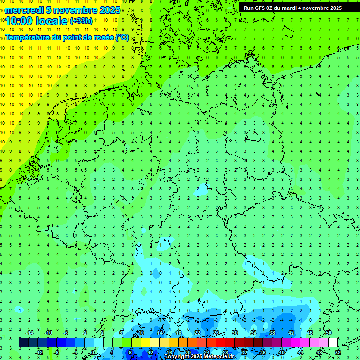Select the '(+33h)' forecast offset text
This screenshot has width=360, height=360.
pyautogui.click(x=81, y=21)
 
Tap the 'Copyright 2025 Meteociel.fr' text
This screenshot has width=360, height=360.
pyautogui.click(x=199, y=357)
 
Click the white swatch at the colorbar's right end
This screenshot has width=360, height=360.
pyautogui.click(x=333, y=343)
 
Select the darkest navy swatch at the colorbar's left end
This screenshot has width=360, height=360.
pyautogui.click(x=23, y=343)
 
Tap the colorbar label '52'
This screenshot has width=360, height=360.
pyautogui.click(x=338, y=352)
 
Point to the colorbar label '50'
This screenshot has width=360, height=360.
pyautogui.click(x=328, y=333)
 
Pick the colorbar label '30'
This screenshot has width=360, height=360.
pyautogui.click(x=234, y=333)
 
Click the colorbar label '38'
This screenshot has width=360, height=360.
pyautogui.click(x=272, y=333)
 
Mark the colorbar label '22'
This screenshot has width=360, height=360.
pyautogui.click(x=197, y=333)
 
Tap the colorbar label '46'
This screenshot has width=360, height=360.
pyautogui.click(x=309, y=333)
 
